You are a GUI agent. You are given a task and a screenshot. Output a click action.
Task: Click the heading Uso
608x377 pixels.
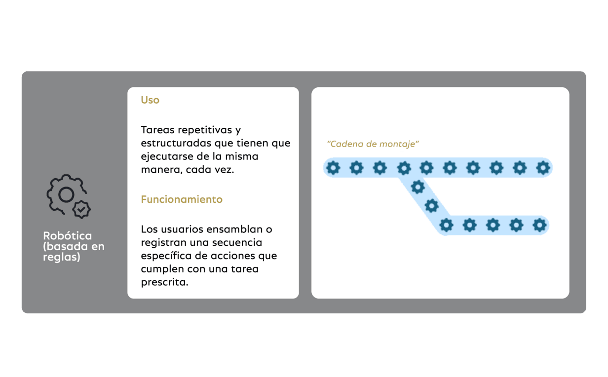tap(150, 100)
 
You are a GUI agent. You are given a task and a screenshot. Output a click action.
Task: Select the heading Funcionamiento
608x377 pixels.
tap(182, 199)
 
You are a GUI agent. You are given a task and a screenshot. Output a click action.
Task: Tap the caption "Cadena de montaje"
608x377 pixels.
tap(373, 144)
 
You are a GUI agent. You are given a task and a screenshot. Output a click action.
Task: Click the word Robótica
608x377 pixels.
tap(67, 235)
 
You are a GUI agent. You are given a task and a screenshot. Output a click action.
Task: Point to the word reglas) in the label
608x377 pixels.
tap(62, 257)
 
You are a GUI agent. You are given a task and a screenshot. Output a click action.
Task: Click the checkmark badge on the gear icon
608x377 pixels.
tap(81, 210)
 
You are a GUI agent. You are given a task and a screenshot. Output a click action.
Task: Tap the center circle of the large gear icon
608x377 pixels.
tap(66, 194)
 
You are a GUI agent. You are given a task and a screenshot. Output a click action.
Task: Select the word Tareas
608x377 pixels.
tap(157, 130)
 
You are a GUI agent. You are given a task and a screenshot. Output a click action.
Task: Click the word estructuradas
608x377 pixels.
tap(176, 143)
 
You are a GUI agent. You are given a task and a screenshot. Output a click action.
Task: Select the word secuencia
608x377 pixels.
tap(237, 243)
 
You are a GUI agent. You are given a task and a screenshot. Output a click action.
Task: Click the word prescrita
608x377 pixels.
tap(164, 283)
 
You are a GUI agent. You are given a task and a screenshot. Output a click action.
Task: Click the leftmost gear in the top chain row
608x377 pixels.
tap(333, 168)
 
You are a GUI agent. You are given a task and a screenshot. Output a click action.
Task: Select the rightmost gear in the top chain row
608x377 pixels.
tap(543, 168)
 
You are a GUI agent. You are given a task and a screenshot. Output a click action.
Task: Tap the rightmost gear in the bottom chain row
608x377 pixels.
tap(539, 225)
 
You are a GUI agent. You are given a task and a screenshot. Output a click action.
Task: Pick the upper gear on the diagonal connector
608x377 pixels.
tap(418, 187)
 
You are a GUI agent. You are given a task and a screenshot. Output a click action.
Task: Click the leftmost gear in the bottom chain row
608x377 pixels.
tap(446, 225)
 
